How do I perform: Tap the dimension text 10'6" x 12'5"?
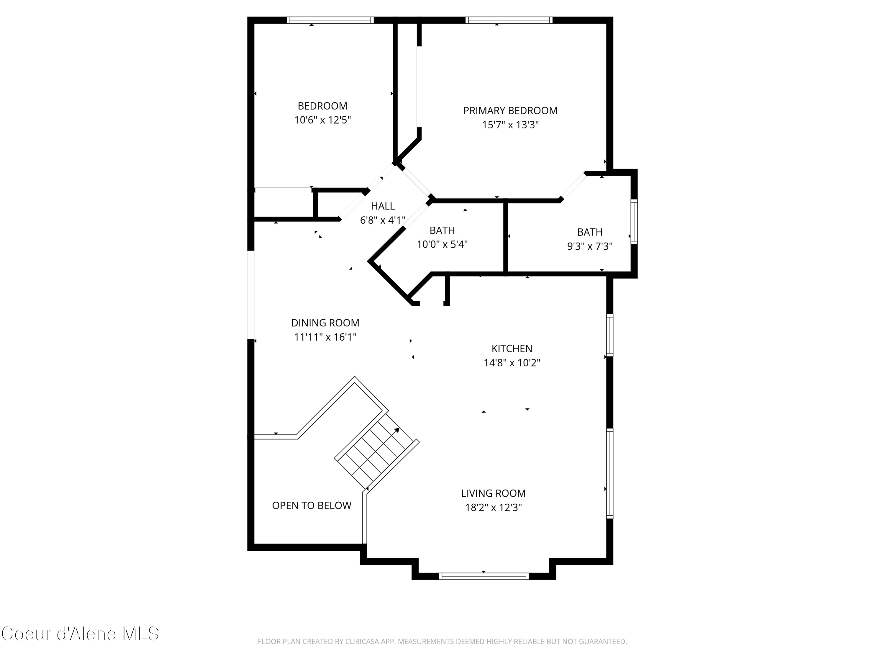322,120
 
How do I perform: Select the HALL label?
383,206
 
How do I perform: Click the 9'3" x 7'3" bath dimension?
590,246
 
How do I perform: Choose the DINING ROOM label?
325,323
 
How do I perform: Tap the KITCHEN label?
512,349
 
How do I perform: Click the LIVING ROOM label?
493,493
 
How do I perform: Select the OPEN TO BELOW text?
312,506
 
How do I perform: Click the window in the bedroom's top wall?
330,20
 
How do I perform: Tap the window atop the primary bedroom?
509,20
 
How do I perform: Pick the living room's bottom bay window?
483,576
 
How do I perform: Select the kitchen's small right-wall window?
609,336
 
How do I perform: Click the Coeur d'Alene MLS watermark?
80,634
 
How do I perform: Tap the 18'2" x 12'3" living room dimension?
493,508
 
